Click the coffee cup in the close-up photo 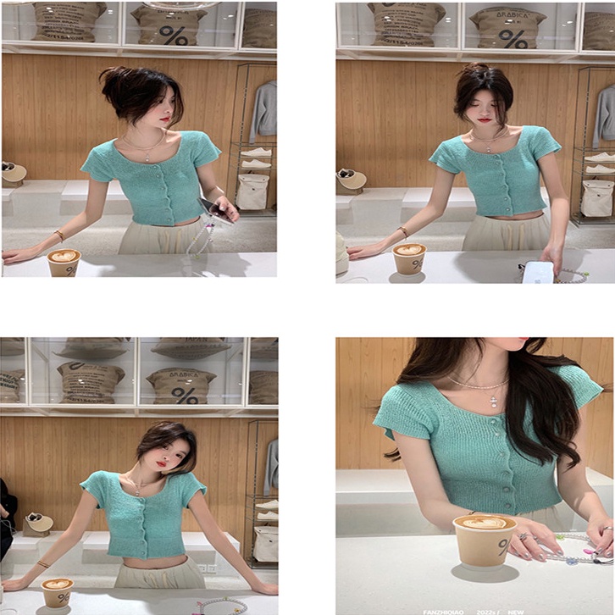coord(485,540)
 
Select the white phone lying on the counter coord(539,272)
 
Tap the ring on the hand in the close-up coord(523,536)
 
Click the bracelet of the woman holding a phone coord(60,235)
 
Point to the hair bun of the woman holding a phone coord(113,80)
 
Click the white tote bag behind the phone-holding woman coord(252,192)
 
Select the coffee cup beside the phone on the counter coord(409,258)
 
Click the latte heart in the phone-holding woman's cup coord(64,255)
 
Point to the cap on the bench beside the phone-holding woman coord(14,173)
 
